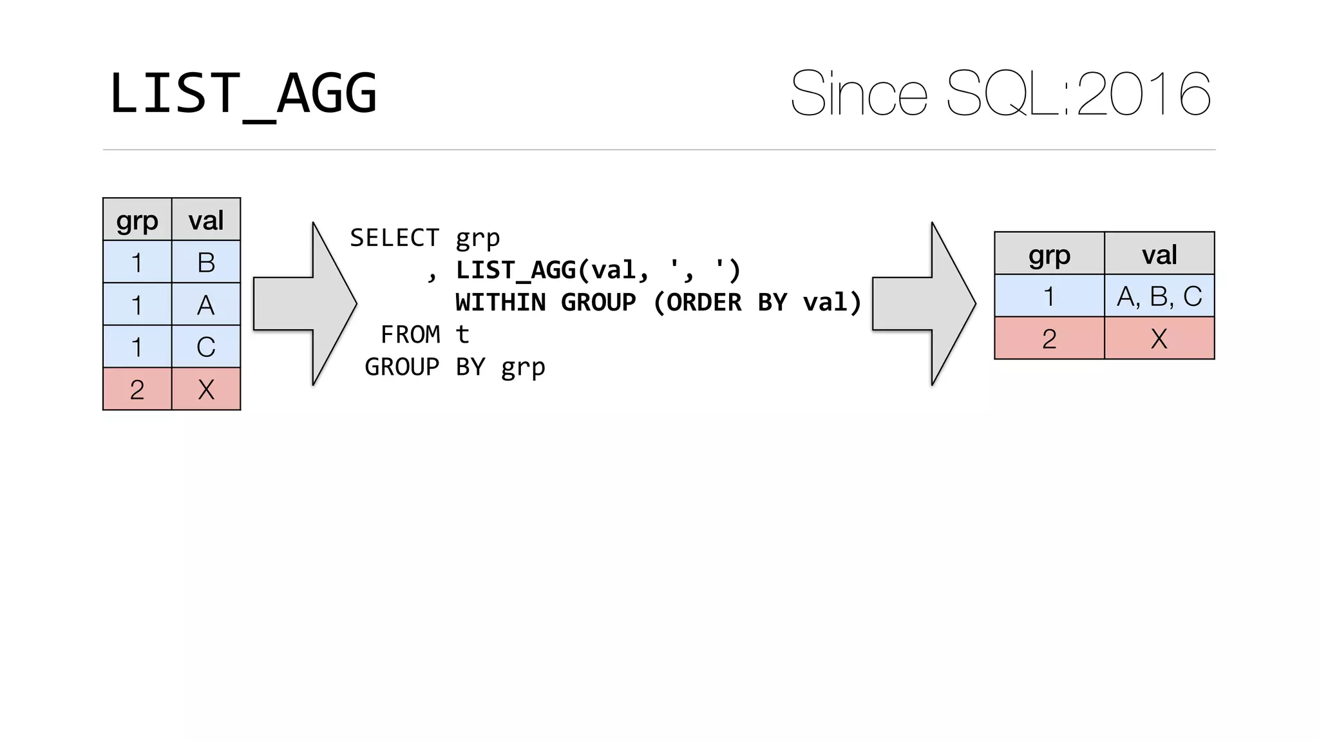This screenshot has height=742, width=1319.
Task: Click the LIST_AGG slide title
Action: coord(243,93)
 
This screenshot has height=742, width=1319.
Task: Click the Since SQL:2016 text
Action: coord(1000,94)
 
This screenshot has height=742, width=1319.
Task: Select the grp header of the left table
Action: coord(137,220)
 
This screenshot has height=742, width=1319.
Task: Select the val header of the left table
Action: coord(206,220)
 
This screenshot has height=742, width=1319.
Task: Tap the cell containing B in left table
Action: coord(206,262)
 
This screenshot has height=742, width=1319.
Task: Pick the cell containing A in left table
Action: coord(206,305)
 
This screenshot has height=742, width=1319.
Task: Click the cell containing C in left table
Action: coord(206,347)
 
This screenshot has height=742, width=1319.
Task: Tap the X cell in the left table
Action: coord(206,389)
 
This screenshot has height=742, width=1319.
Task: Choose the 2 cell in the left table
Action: coord(137,389)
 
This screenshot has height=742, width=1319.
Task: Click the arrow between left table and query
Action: coord(305,303)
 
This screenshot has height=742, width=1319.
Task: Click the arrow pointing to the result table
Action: coord(924,303)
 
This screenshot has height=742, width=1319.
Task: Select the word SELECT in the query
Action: coord(394,238)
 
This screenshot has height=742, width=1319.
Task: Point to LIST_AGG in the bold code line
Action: coord(515,270)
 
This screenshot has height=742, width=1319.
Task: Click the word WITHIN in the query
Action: coord(500,302)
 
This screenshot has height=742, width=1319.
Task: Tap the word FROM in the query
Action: coord(410,334)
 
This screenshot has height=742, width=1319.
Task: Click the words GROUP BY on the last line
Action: coord(424,366)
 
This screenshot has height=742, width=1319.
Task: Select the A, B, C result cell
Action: coord(1159,296)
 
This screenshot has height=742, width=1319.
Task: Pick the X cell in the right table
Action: coord(1159,338)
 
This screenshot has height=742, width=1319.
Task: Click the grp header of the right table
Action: coord(1049,254)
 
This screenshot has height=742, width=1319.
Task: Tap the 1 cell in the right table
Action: coord(1049,296)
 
